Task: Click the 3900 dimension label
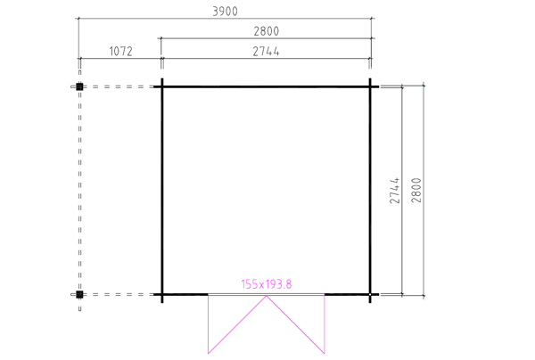[x=225, y=12]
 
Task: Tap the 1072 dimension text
[x=120, y=52]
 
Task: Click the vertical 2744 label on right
[x=394, y=190]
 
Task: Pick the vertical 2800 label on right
[x=416, y=190]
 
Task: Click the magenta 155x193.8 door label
[x=267, y=284]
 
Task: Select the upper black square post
[x=79, y=86]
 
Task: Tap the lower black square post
[x=79, y=294]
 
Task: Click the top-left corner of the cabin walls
[x=162, y=87]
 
